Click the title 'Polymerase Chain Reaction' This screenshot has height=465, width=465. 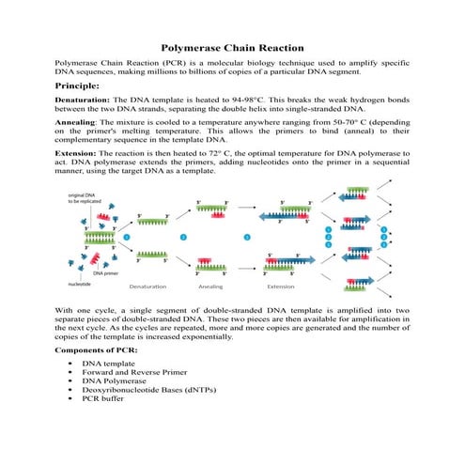232,46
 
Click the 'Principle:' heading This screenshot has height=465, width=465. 81,85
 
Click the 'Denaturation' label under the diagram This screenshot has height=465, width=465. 148,286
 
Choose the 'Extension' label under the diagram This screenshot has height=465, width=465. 281,286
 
